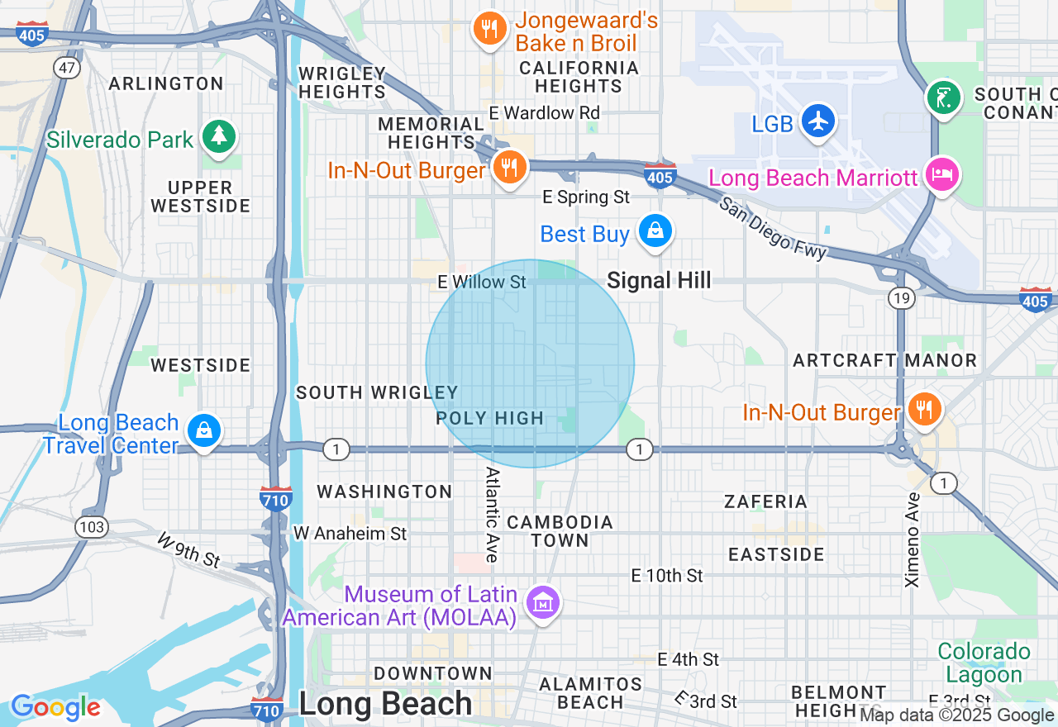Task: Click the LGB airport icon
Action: pyautogui.click(x=818, y=121)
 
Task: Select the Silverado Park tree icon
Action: pyautogui.click(x=219, y=136)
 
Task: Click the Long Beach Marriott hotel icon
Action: pyautogui.click(x=942, y=174)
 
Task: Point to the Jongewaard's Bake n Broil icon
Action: pyautogui.click(x=490, y=29)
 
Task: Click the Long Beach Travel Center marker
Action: pyautogui.click(x=203, y=430)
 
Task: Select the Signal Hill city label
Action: pyautogui.click(x=659, y=281)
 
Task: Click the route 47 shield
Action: pyautogui.click(x=68, y=68)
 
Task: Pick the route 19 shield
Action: pyautogui.click(x=900, y=297)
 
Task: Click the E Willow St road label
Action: pyautogui.click(x=482, y=283)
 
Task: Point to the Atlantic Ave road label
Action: pyautogui.click(x=493, y=515)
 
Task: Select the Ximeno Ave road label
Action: pyautogui.click(x=913, y=540)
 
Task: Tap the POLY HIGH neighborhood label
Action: pyautogui.click(x=490, y=419)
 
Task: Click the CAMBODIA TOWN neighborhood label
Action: pyautogui.click(x=560, y=531)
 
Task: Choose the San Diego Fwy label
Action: pyautogui.click(x=772, y=229)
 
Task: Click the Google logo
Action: pyautogui.click(x=55, y=707)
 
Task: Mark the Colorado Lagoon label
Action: pyautogui.click(x=984, y=663)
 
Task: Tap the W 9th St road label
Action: pyautogui.click(x=188, y=550)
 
